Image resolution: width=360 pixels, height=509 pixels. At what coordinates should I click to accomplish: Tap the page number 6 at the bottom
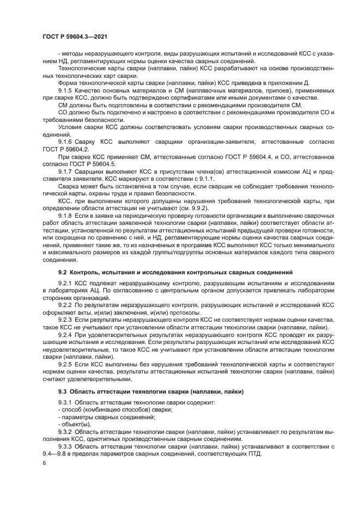point(43,463)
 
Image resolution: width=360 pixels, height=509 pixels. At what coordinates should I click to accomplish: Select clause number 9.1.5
point(66,90)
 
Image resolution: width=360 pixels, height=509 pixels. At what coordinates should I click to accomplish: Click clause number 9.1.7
point(66,171)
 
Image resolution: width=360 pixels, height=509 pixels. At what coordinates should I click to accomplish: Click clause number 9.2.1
point(66,284)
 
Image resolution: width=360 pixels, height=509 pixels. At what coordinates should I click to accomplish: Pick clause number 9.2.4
point(66,336)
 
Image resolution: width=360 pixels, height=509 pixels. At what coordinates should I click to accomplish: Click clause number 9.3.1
point(66,402)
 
